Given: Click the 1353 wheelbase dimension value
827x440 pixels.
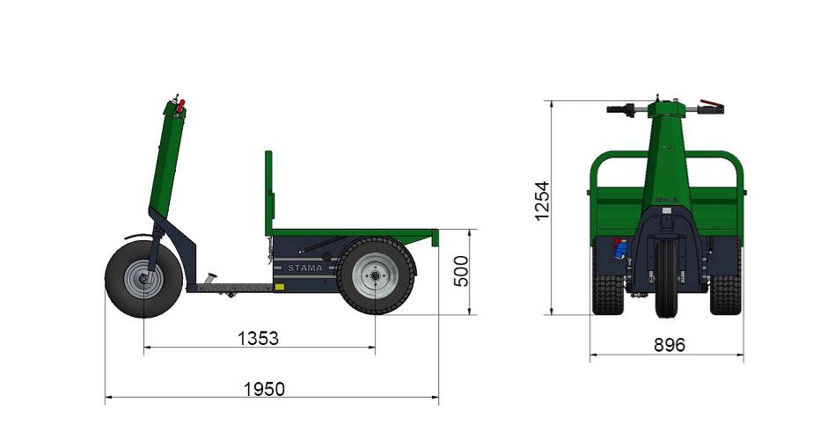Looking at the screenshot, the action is coord(258,338).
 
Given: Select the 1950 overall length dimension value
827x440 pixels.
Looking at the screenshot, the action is coord(264,389).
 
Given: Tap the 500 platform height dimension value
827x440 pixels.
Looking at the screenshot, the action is coord(461,271).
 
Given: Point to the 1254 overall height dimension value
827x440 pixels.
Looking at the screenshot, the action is coord(542,201).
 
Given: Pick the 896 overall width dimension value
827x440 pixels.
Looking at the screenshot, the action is coord(670,345).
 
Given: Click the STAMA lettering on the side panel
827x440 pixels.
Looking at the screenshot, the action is coord(305,268).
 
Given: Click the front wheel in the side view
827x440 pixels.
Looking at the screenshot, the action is coord(143,279).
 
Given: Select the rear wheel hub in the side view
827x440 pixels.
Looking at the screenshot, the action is coord(376,275).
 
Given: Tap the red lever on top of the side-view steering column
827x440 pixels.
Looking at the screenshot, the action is coord(181,106).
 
